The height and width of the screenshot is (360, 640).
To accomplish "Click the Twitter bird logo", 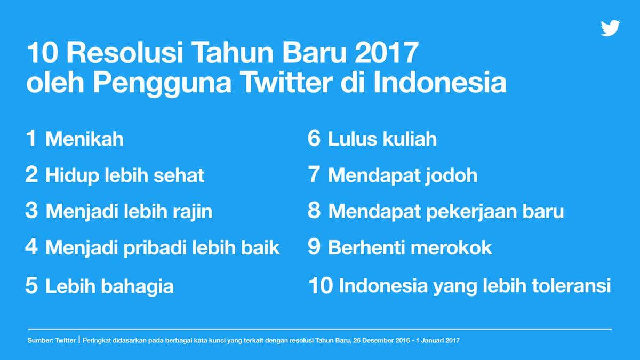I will [x=610, y=28].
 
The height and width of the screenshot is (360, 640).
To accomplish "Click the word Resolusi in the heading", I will [x=126, y=54].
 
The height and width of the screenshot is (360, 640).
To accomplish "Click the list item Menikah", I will [x=84, y=139].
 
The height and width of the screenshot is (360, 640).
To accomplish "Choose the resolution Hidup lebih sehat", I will [x=125, y=175].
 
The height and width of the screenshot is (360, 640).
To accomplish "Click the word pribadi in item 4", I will [x=151, y=248].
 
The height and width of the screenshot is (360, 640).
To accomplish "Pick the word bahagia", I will [x=140, y=286].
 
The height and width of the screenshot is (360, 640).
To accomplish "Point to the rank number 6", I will [x=314, y=139].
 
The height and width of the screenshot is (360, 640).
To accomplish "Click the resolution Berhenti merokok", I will [x=410, y=247].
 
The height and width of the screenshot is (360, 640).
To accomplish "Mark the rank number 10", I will [x=321, y=285].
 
